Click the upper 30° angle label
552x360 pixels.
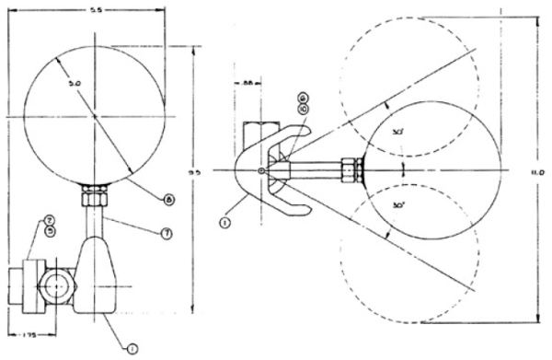coord(397,134)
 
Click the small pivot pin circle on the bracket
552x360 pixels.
coord(262,170)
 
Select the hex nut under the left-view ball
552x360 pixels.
coord(95,196)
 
